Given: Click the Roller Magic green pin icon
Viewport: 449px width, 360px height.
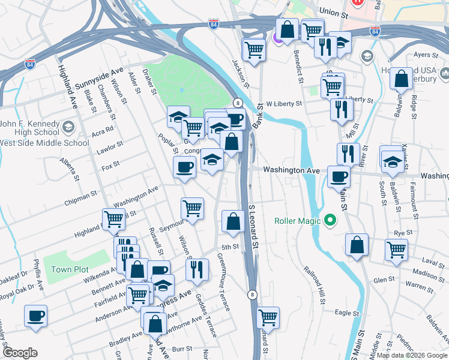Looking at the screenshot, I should [x=329, y=221].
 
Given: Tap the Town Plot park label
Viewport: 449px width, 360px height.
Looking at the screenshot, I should [x=70, y=269].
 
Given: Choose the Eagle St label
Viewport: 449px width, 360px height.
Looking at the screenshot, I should [x=346, y=313].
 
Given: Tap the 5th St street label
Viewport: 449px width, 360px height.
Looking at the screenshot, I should [x=231, y=247].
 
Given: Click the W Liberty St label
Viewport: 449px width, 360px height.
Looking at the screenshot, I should [x=284, y=104].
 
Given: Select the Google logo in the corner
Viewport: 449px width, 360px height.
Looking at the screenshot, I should [x=20, y=353].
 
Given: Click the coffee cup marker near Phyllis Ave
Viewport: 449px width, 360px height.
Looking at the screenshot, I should [x=36, y=316].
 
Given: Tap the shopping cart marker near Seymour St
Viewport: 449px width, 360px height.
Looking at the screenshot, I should [x=192, y=209].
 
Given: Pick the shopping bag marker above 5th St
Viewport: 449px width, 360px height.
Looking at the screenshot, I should [x=232, y=221].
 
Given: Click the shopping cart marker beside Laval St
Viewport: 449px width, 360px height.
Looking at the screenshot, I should [x=396, y=250].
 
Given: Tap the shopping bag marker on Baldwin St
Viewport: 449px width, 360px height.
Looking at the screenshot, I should [x=401, y=79].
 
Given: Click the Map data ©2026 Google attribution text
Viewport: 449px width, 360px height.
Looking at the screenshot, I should [x=411, y=355].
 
